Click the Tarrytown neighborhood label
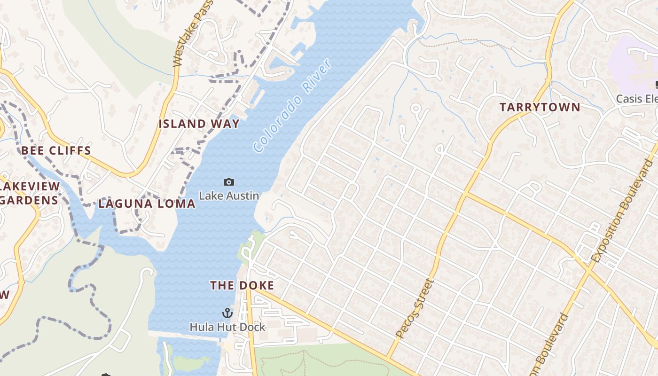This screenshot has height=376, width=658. tap(540, 107)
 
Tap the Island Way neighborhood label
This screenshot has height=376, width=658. tap(199, 124)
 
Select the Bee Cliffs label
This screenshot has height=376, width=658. tap(56, 151)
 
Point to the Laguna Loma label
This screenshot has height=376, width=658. tap(147, 204)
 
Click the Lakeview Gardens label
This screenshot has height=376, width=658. tap(29, 193)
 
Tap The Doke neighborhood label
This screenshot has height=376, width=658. tap(242, 285)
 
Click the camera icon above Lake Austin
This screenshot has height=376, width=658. tap(229, 182)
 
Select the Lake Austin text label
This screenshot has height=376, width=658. tap(229, 196)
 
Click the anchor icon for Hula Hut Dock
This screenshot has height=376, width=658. tap(227, 313)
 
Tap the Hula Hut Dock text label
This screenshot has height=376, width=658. tap(227, 327)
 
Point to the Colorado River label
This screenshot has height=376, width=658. tap(292, 106)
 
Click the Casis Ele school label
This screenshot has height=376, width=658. tap(636, 99)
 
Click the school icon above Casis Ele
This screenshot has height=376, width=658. tap(656, 85)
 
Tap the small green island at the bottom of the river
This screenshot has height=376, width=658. tap(190, 362)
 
